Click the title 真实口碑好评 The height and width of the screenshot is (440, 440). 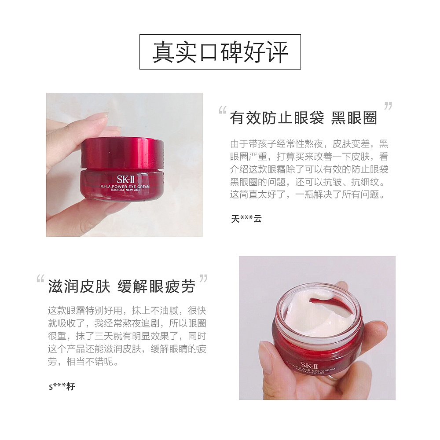(x=220, y=52)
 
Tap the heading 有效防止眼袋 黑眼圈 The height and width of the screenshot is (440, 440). (x=303, y=118)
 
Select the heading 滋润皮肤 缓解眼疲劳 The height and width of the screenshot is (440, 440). (x=121, y=287)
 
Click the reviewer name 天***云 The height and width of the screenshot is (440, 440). (x=246, y=219)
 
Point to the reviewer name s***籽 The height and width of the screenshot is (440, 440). (x=62, y=387)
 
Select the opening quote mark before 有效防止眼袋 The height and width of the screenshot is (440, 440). (x=223, y=111)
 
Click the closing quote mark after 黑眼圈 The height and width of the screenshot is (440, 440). (x=388, y=106)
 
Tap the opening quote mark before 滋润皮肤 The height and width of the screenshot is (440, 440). (x=40, y=279)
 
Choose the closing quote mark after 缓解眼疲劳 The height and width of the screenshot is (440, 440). (x=203, y=279)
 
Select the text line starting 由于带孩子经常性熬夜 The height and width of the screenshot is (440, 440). (x=309, y=144)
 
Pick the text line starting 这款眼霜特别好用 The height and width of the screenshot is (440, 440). (x=127, y=311)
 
